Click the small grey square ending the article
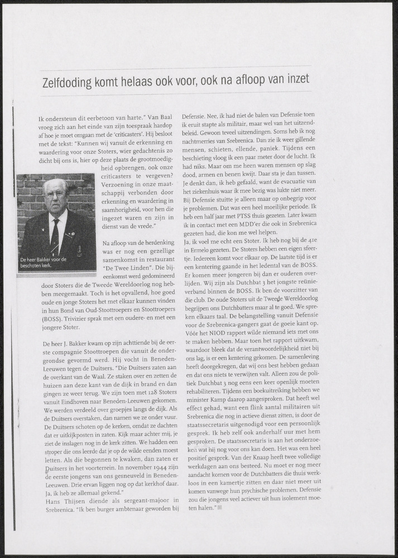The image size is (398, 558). pyautogui.click(x=219, y=508)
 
